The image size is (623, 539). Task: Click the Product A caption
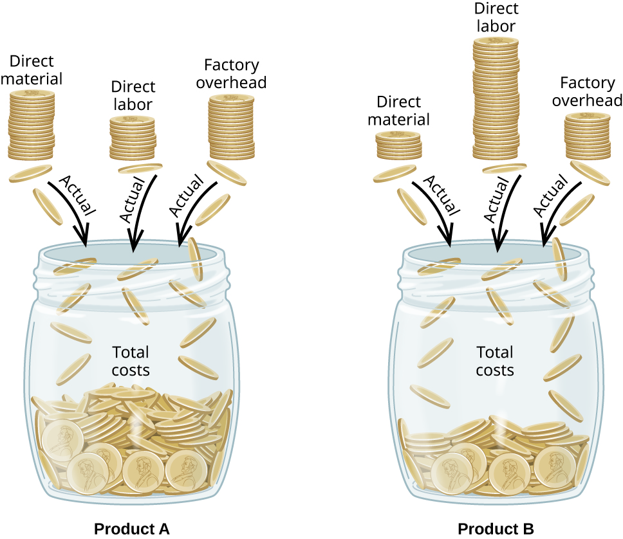click(131, 529)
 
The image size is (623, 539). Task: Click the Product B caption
click(496, 529)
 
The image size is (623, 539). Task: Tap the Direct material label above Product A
click(36, 70)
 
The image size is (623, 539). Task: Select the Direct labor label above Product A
click(133, 95)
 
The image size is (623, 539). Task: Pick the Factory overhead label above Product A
click(231, 74)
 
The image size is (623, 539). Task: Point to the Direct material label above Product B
click(403, 111)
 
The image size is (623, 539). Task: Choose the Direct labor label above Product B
click(495, 17)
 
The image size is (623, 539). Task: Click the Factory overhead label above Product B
click(587, 91)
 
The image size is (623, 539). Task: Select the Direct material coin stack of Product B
click(398, 144)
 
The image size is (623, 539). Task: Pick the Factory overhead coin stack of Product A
click(232, 125)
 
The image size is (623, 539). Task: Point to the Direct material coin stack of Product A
click(32, 125)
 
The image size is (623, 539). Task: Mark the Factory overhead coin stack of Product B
click(588, 136)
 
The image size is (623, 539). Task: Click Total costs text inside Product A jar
click(131, 361)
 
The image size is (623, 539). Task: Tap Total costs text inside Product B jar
click(495, 361)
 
